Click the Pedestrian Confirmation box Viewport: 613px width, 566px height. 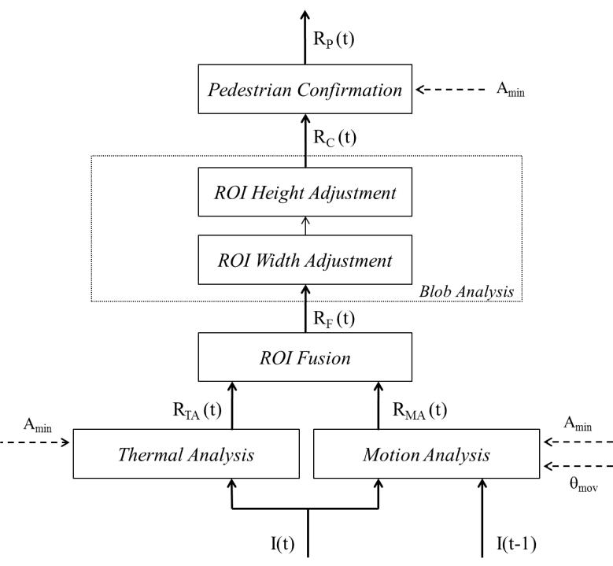[x=305, y=89]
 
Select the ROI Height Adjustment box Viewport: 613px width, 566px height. [x=305, y=191]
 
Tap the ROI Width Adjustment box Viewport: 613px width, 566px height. [x=305, y=260]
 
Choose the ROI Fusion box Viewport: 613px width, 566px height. [x=305, y=357]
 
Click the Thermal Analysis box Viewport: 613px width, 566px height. [x=186, y=453]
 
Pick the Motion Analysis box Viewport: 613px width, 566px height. [x=427, y=453]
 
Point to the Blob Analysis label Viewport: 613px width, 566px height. [x=467, y=292]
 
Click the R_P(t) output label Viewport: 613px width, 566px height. [x=334, y=39]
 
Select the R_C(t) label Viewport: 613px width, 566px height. [x=334, y=138]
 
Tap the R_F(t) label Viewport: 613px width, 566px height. [x=334, y=319]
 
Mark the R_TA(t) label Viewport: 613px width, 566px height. [x=197, y=411]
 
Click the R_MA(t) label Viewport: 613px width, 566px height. [x=419, y=411]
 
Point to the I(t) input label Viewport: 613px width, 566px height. [x=282, y=543]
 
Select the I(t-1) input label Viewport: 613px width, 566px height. [x=516, y=543]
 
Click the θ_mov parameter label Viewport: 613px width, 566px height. [x=583, y=485]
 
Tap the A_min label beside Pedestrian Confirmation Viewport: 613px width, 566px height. [x=511, y=90]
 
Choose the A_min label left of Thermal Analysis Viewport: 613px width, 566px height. [x=38, y=425]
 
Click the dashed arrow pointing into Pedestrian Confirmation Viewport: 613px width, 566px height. [x=450, y=90]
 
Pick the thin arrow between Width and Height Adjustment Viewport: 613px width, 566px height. [x=305, y=226]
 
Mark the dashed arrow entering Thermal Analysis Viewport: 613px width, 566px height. [x=35, y=442]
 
